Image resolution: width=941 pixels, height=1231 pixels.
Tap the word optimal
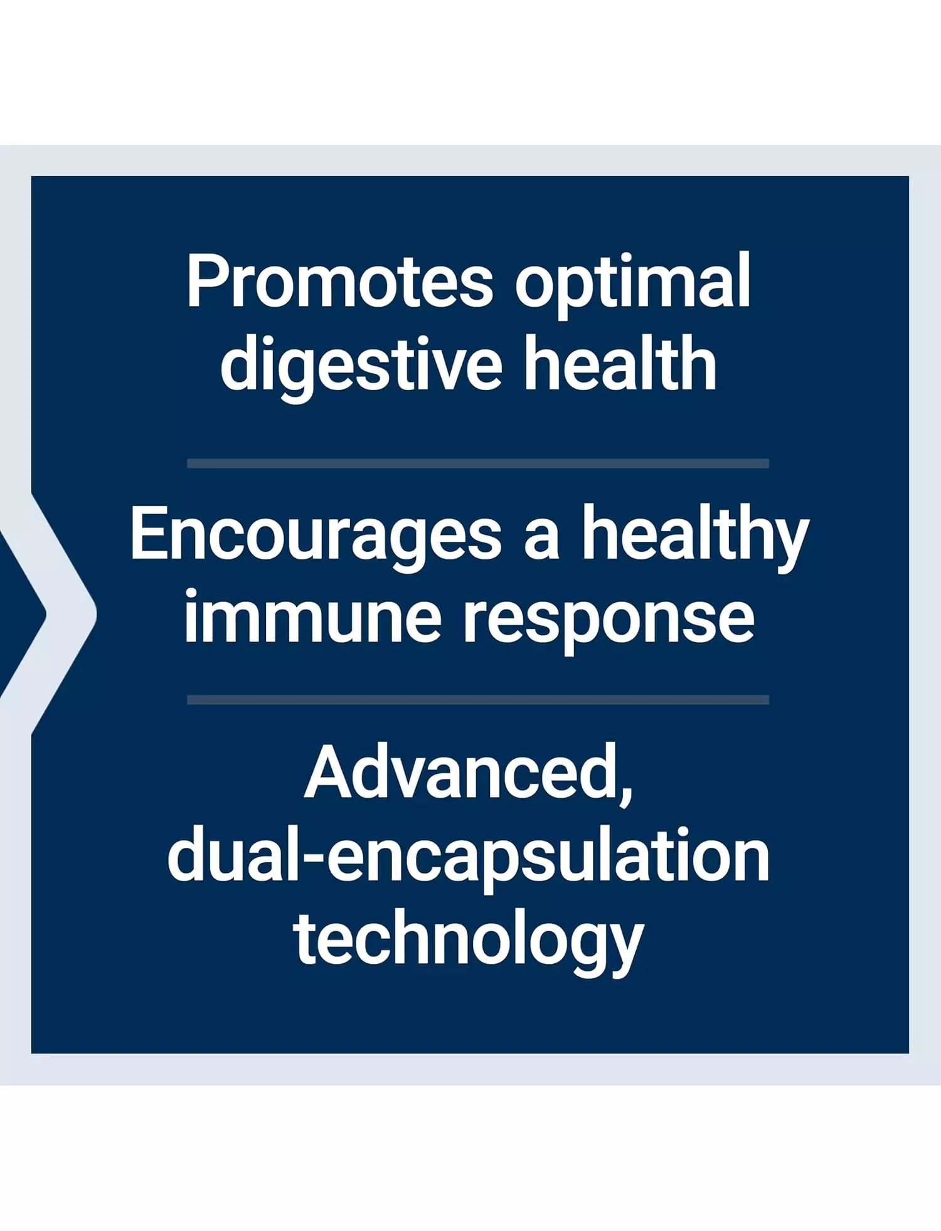pos(632,285)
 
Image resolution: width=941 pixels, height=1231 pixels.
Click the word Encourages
pos(316,537)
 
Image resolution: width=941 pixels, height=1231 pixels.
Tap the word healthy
pos(695,537)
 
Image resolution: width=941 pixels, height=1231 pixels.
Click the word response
pos(609,623)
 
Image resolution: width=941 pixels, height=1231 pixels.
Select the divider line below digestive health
pos(478,463)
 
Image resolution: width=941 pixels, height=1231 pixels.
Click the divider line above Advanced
pos(478,700)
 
